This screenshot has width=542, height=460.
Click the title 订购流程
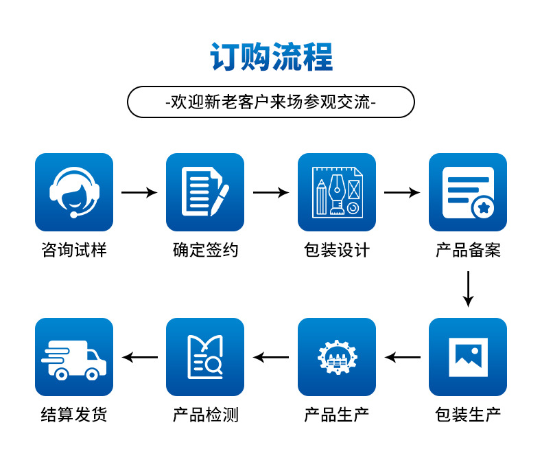click(x=272, y=57)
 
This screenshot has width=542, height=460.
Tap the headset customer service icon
click(x=74, y=192)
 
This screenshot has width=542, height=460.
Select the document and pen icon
click(x=205, y=192)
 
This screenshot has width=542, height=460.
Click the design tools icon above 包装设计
click(x=337, y=192)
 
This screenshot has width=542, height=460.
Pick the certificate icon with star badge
click(x=468, y=192)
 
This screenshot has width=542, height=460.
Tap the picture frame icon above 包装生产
click(x=468, y=357)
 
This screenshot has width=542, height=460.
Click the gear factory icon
click(x=337, y=357)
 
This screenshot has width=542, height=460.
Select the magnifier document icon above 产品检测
click(x=205, y=357)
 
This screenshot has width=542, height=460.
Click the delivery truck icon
click(x=74, y=357)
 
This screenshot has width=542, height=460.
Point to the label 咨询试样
click(x=74, y=250)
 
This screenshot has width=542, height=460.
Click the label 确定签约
click(x=205, y=250)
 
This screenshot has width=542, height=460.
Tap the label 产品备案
click(x=468, y=250)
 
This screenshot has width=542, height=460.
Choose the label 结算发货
click(x=74, y=415)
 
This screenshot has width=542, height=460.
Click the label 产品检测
click(x=205, y=415)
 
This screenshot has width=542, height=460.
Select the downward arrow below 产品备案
click(x=468, y=289)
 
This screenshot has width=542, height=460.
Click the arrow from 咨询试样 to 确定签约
click(x=139, y=192)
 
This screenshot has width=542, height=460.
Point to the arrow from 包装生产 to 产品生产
click(x=402, y=357)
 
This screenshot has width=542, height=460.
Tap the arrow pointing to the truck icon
click(x=140, y=357)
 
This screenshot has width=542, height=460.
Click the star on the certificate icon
click(x=484, y=207)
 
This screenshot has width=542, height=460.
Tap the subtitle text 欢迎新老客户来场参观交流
click(x=271, y=102)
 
